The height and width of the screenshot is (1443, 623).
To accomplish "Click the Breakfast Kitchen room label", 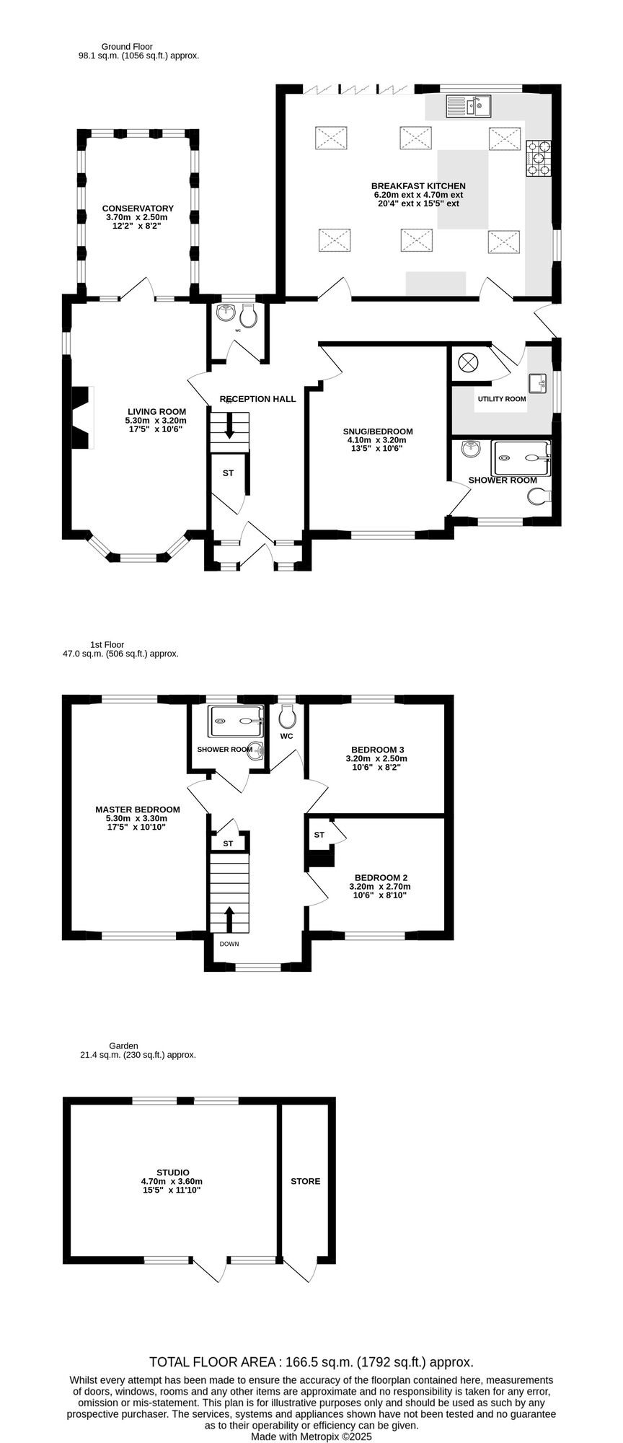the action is tap(418, 185).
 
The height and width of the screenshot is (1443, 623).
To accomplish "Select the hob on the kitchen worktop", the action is tap(539, 158).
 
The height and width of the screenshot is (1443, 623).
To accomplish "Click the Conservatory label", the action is tap(138, 209).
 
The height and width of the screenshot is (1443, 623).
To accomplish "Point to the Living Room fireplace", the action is tap(82, 418).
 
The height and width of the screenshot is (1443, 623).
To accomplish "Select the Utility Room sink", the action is tap(537, 382).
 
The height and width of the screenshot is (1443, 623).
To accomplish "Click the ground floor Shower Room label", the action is tap(503, 480).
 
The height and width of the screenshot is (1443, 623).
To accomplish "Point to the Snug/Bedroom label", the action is tap(378, 431).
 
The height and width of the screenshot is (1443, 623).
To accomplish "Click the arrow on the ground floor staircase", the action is tap(229, 426).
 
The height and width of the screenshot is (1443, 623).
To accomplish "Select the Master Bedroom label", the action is tap(138, 810).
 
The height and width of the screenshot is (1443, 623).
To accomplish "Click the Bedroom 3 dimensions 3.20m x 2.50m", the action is tap(377, 759).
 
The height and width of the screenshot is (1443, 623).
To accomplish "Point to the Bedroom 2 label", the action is tap(380, 878).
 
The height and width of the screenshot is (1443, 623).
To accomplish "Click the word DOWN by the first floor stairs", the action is tap(229, 944).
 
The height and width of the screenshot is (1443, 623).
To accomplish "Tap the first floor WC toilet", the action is tap(287, 717).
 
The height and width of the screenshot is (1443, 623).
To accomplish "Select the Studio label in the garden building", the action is tap(173, 1172).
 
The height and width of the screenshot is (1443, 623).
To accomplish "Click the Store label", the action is tap(306, 1181).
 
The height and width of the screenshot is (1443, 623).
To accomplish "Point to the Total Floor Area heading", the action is tap(311, 1362).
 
